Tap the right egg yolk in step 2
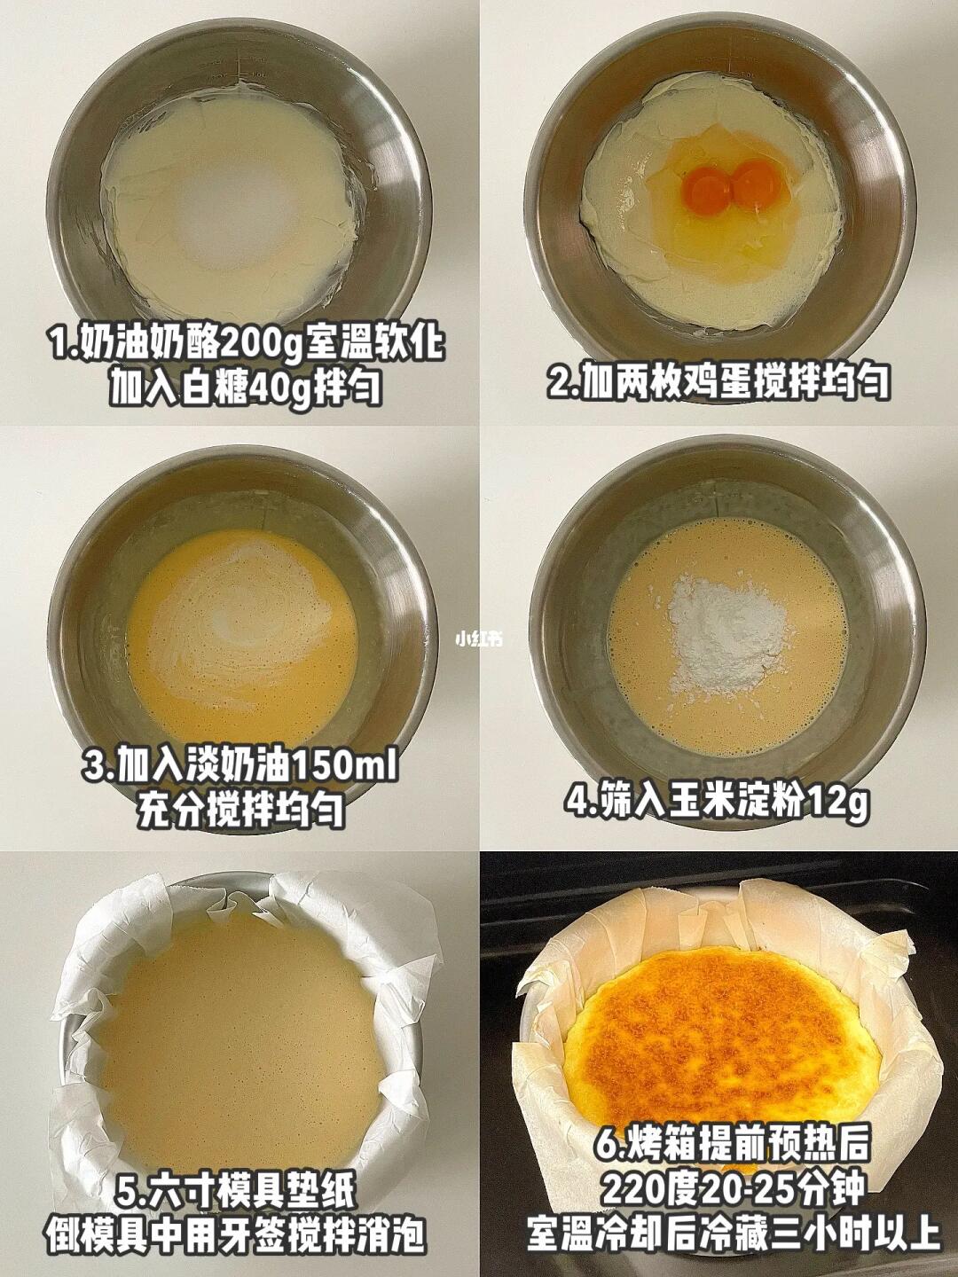click(753, 180)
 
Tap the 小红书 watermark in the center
click(479, 639)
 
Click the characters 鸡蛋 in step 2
click(718, 381)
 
